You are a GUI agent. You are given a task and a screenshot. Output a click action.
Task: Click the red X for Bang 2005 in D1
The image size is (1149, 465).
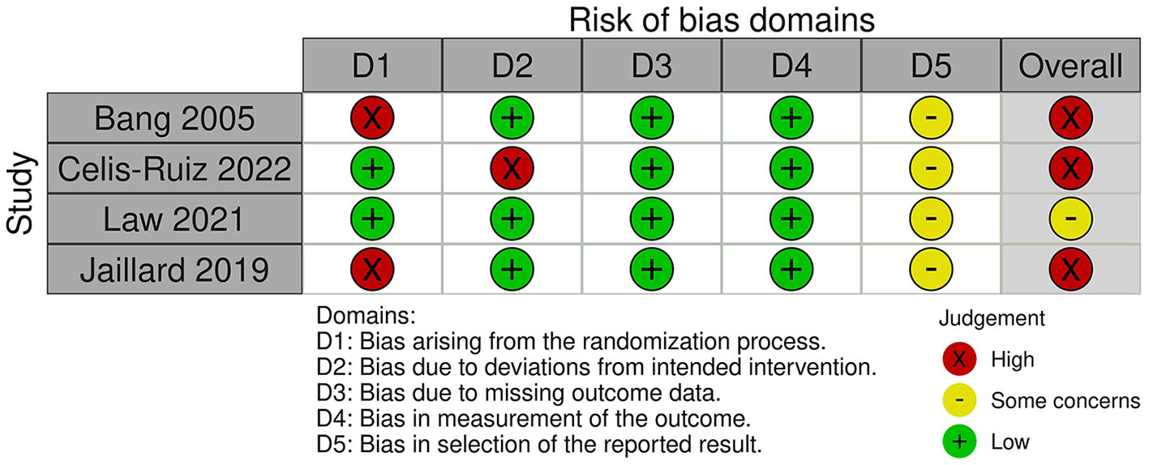[x=371, y=119]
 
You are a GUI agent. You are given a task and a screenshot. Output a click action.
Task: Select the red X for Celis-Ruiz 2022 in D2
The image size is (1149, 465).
[x=511, y=169]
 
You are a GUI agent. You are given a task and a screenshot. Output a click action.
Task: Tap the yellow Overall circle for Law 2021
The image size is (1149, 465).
[x=1071, y=219]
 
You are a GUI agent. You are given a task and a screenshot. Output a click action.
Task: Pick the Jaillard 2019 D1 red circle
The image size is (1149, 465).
[x=371, y=269]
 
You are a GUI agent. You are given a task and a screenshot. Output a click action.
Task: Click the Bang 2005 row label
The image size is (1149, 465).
[x=174, y=119]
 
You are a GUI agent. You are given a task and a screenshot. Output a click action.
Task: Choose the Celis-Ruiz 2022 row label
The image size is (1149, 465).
[x=174, y=169]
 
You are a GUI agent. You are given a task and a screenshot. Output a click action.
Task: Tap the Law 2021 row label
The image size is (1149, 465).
[x=174, y=220]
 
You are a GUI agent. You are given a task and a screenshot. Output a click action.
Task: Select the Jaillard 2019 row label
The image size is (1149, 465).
[x=174, y=270]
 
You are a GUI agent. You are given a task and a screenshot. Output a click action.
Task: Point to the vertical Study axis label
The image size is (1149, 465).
[x=21, y=194]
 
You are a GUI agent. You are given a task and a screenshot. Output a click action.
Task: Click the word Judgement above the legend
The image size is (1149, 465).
[x=992, y=318]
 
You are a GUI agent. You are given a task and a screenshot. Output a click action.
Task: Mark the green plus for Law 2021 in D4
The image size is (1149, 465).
[x=791, y=219]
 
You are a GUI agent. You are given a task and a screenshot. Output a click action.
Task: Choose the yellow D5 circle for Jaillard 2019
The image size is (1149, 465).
[x=931, y=269]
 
